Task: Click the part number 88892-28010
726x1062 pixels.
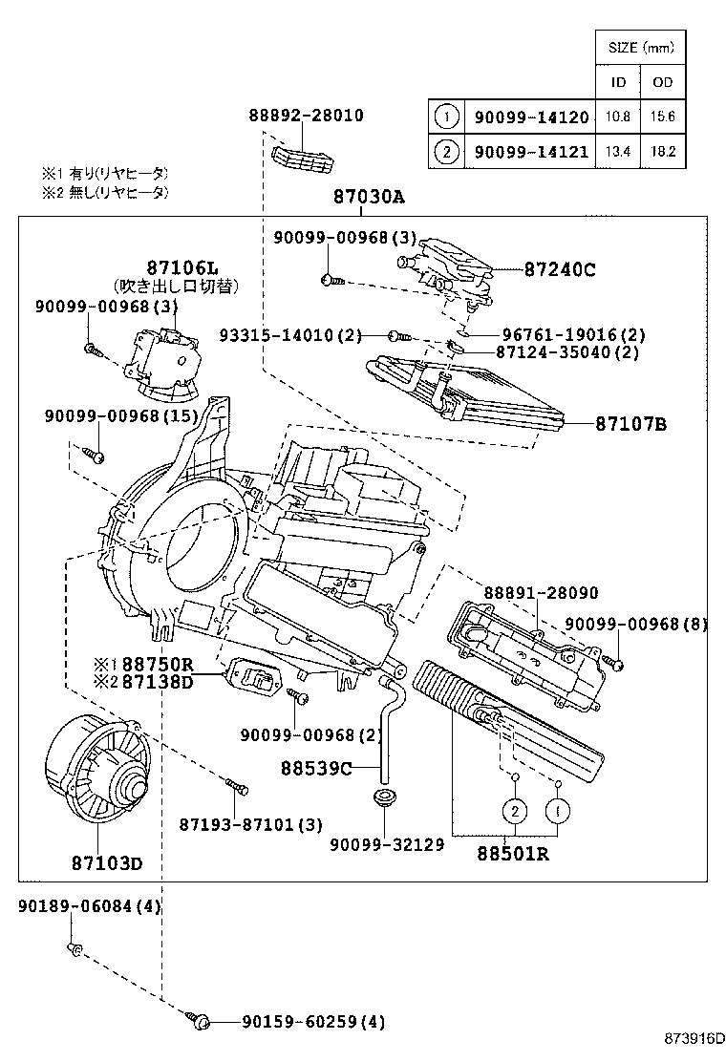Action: coord(306,116)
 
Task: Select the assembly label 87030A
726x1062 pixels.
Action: coord(369,198)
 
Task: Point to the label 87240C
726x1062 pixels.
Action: coord(559,270)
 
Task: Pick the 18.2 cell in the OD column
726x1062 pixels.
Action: coord(662,150)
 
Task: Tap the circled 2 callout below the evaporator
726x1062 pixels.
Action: coord(514,811)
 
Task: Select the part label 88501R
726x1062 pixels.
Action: coord(513,853)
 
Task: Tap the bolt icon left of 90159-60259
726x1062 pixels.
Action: coord(201,1021)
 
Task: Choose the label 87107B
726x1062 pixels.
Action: coord(630,422)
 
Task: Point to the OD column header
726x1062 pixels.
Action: coord(662,82)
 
